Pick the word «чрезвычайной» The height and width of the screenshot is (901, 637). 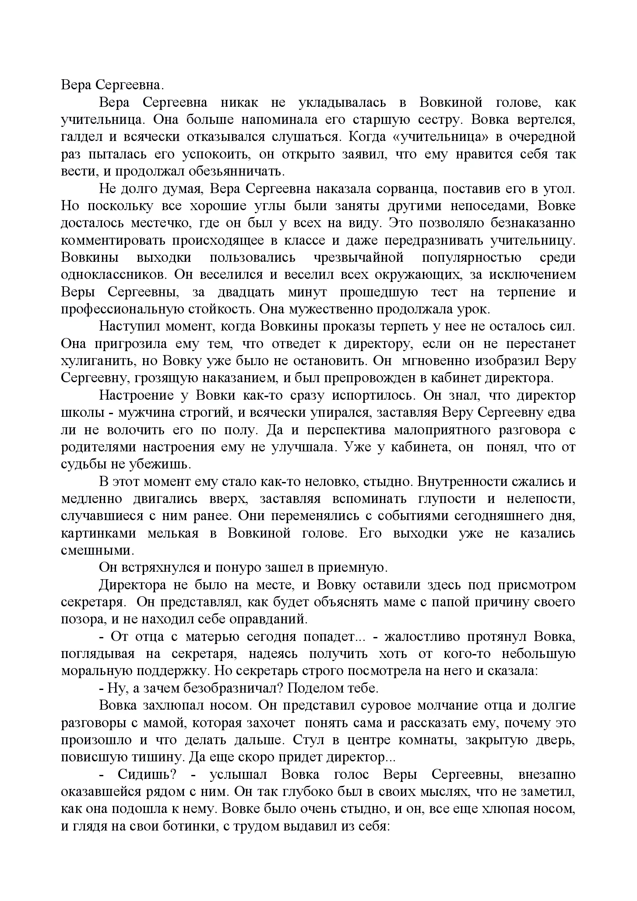click(359, 257)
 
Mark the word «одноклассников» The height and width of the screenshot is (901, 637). click(113, 275)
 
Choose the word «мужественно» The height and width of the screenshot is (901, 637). click(328, 309)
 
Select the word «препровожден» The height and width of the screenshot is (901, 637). click(356, 378)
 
